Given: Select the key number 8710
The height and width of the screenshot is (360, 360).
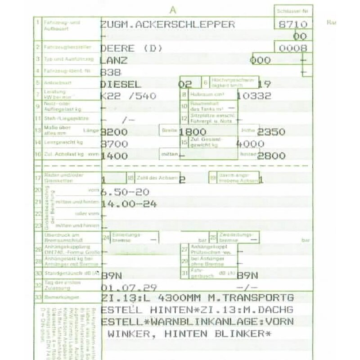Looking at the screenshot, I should point(293,24).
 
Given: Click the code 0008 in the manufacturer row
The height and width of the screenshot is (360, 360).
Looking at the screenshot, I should point(293,48).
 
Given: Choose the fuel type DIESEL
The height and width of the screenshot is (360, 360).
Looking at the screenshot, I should point(121,84).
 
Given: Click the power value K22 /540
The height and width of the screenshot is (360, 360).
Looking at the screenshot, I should point(129,96).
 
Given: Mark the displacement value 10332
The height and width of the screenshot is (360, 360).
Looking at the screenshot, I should point(254,96).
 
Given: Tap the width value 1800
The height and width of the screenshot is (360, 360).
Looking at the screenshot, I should point(193,132).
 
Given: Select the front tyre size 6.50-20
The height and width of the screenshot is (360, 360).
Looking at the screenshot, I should point(125,192).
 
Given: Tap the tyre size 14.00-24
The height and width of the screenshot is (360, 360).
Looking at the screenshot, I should point(129,204).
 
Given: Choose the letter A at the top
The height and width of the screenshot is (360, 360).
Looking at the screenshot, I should point(173,9).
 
